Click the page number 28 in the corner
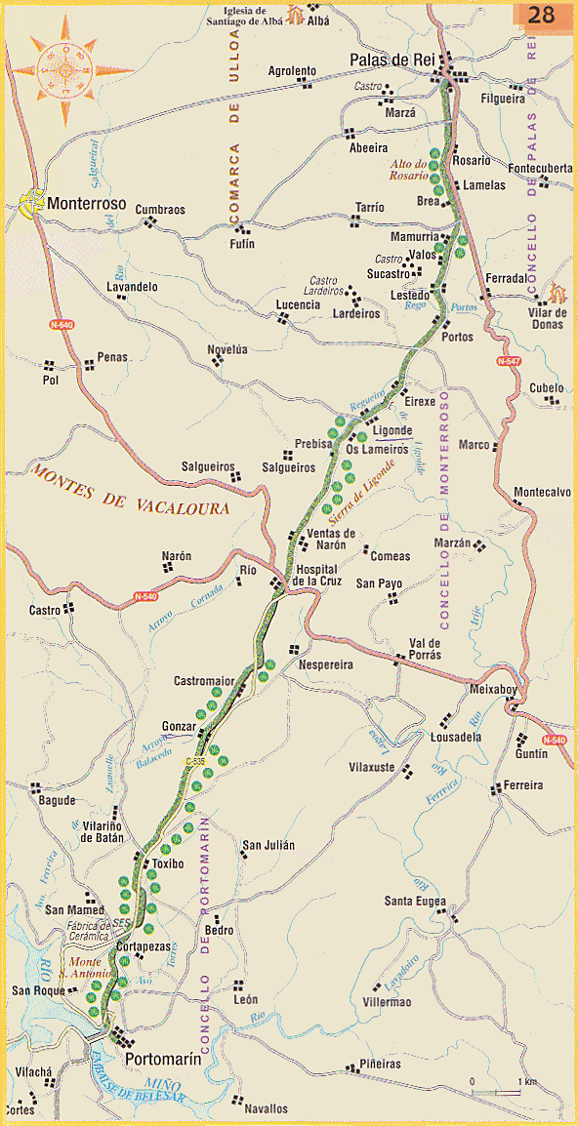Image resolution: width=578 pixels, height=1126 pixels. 543,15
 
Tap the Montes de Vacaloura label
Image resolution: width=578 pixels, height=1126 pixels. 131,491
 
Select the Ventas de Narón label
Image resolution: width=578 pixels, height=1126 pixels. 332,540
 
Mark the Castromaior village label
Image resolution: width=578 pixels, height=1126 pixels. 204,680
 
